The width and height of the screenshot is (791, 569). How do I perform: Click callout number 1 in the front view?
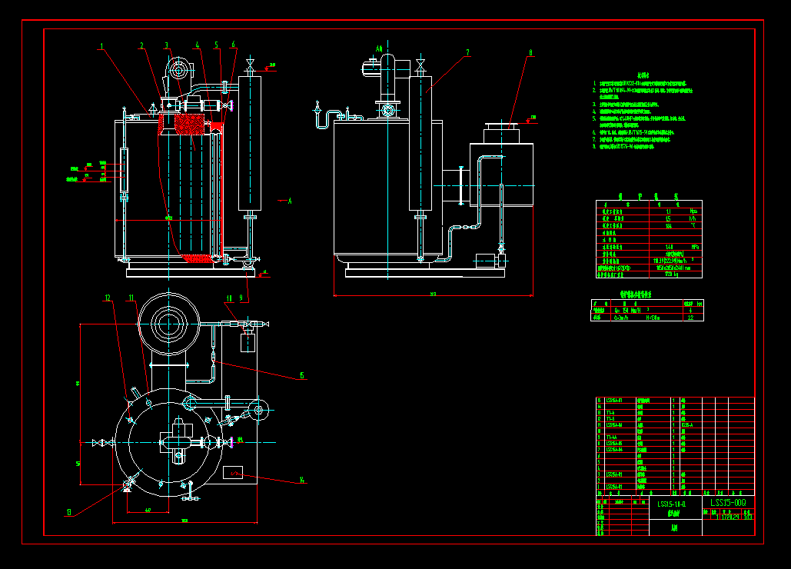[101, 45]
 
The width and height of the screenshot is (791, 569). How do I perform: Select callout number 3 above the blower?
[166, 45]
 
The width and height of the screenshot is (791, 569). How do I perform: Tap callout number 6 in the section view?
[233, 45]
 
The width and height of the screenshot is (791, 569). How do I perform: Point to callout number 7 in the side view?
[467, 53]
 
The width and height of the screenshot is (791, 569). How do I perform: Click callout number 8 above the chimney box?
[530, 53]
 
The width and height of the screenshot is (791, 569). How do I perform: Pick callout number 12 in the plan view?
[108, 298]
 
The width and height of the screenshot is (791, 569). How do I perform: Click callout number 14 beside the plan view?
[302, 481]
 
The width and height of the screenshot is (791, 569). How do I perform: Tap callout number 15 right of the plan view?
[302, 375]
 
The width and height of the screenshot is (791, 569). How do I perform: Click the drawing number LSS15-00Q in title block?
[727, 503]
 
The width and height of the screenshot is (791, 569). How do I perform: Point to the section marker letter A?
[290, 201]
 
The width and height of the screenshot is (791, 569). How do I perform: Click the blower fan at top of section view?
[179, 71]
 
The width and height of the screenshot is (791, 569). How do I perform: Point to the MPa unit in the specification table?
[694, 211]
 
